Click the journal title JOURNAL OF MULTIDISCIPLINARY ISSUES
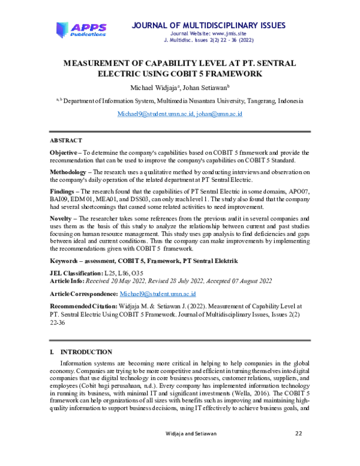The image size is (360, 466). pos(209,25)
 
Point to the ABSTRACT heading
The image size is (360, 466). pos(66,140)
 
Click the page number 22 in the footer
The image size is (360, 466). pos(298,433)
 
